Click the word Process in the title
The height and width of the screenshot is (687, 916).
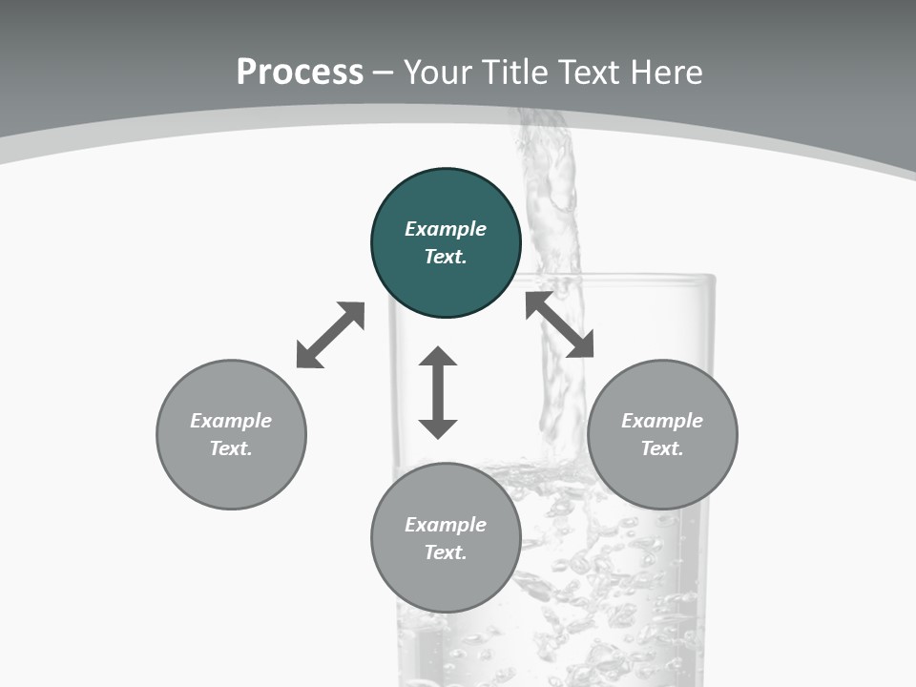pyautogui.click(x=300, y=73)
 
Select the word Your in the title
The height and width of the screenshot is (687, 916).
pyautogui.click(x=438, y=73)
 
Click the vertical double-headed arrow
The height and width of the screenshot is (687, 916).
pyautogui.click(x=438, y=392)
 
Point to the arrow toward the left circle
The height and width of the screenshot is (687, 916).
pyautogui.click(x=330, y=335)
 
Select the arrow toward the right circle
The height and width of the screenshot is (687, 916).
pyautogui.click(x=559, y=324)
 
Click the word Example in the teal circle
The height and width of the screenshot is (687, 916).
pyautogui.click(x=446, y=229)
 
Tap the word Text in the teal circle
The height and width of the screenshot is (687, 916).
pyautogui.click(x=446, y=257)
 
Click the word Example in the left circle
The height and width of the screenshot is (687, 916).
pyautogui.click(x=231, y=421)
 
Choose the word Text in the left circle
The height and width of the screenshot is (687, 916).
pyautogui.click(x=231, y=448)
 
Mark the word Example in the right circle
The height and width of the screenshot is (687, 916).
pyautogui.click(x=662, y=421)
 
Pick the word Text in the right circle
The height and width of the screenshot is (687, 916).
pyautogui.click(x=662, y=448)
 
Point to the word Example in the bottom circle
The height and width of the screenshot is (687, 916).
pyautogui.click(x=446, y=525)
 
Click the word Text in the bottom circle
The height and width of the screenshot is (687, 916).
pyautogui.click(x=446, y=552)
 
